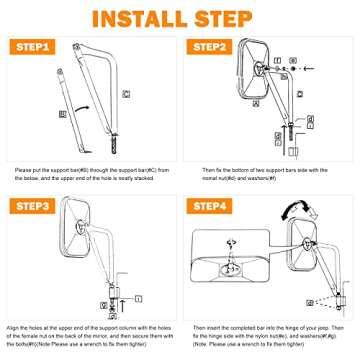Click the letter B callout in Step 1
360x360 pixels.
coord(64,115)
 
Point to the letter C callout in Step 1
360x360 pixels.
coord(126,93)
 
